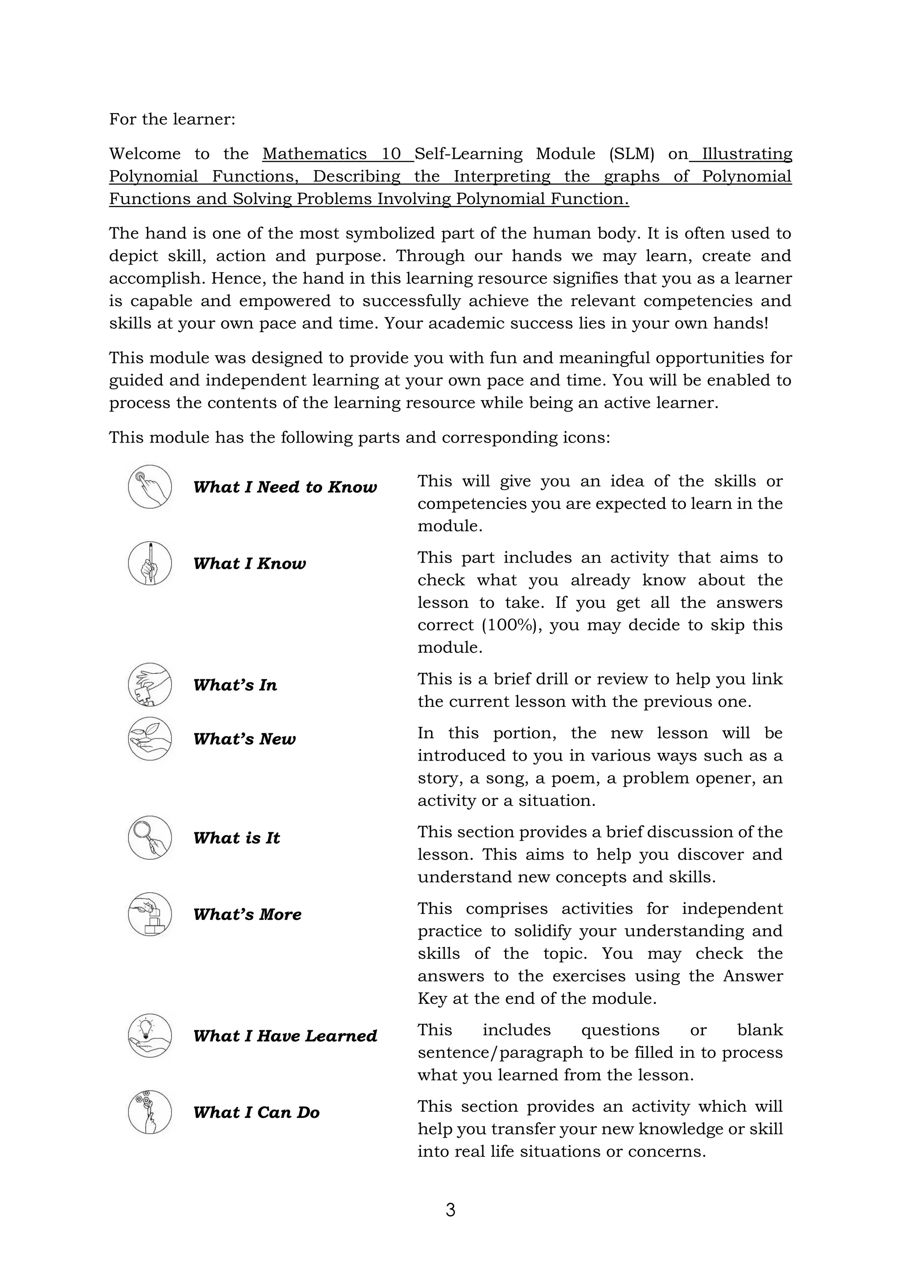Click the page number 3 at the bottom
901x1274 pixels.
click(450, 1210)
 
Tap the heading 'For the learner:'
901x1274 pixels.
click(172, 119)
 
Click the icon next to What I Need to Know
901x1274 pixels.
click(150, 487)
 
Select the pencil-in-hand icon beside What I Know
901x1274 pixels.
click(150, 563)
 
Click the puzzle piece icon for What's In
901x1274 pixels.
click(150, 684)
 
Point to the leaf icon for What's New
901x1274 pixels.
click(150, 739)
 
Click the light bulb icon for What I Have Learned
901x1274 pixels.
click(150, 1036)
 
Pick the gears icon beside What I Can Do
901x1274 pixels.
click(150, 1112)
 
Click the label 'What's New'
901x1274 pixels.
click(244, 739)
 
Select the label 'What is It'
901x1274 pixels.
click(236, 838)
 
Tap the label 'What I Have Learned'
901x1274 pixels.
click(285, 1036)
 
